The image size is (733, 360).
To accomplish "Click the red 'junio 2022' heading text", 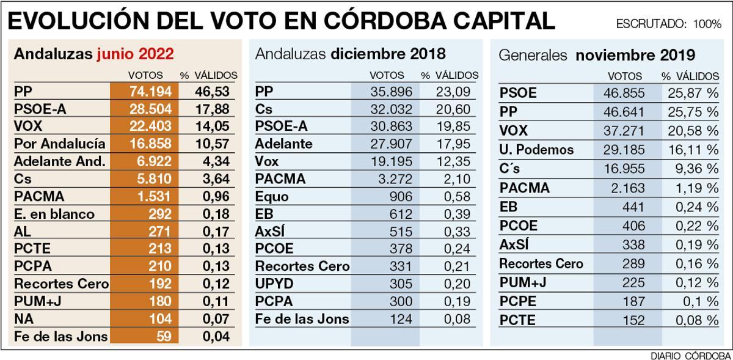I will click(x=135, y=54).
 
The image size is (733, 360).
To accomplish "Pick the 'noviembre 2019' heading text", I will click(x=635, y=55).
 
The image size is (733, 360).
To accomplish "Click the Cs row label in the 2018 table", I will click(x=263, y=109).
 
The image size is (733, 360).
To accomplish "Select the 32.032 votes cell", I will click(x=391, y=109).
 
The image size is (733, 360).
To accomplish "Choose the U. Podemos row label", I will click(x=536, y=150).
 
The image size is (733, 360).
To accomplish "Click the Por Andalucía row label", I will click(x=59, y=144).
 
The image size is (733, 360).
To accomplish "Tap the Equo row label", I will click(x=272, y=197).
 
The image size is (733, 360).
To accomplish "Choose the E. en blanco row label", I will click(x=54, y=214).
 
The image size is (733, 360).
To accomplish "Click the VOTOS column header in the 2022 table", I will click(x=145, y=75).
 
